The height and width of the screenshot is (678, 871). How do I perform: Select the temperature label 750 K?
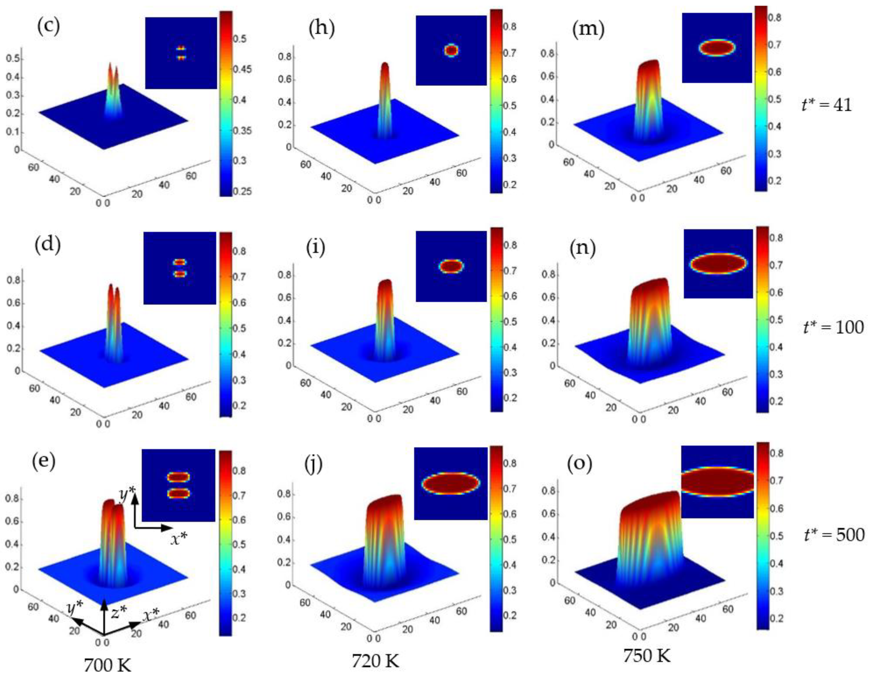pos(647,655)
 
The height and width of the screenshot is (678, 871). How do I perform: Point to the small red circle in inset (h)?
pos(451,50)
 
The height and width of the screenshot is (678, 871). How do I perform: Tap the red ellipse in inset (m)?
pos(717,48)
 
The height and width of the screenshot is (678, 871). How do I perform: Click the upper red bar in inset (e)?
pos(178,477)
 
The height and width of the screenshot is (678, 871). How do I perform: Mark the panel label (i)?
pos(316,247)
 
